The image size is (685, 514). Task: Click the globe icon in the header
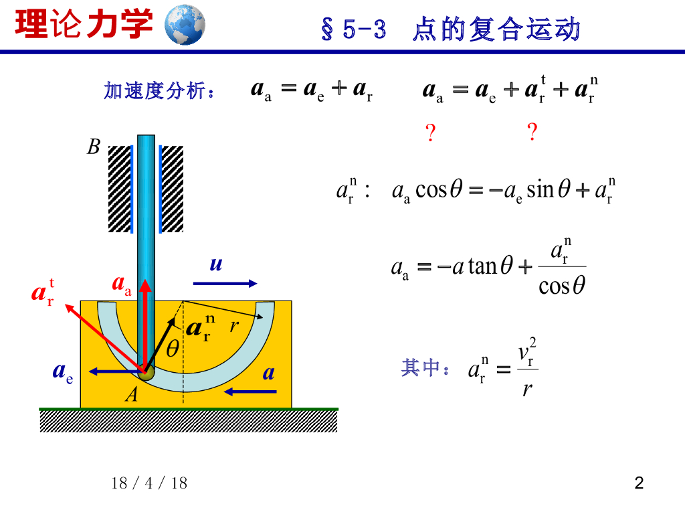point(185,25)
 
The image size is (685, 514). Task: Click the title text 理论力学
point(84,25)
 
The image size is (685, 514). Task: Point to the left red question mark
point(431,134)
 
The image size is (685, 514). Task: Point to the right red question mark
point(532,133)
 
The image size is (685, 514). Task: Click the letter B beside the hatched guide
point(94,147)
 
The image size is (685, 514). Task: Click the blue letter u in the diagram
point(215,264)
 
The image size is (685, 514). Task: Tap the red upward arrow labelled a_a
point(145,321)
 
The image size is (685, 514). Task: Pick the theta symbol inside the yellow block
point(173,349)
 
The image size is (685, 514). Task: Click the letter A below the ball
point(132,396)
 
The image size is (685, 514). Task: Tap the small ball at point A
point(146,372)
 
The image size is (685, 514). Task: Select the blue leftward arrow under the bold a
point(250,391)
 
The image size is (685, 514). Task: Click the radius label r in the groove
point(233,325)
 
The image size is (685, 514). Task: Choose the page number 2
point(639,483)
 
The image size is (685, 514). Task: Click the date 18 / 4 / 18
point(149,483)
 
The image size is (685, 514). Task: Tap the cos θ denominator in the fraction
point(562,286)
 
